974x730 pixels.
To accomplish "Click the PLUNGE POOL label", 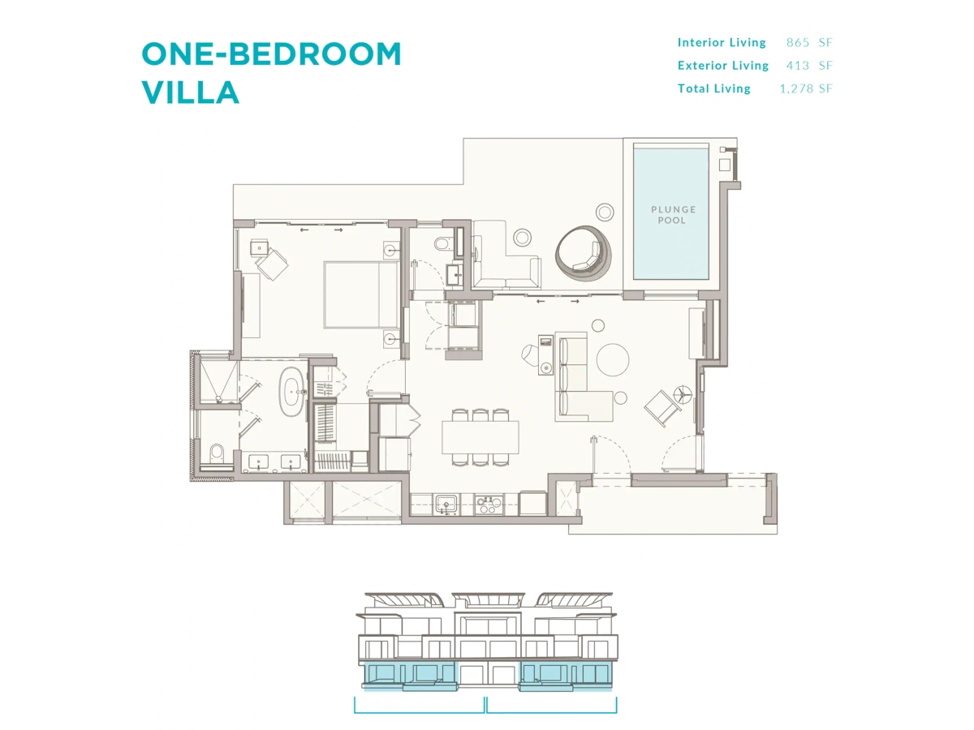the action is [x=673, y=214].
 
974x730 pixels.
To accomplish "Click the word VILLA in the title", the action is [x=191, y=92].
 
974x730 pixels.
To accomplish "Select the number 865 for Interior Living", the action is [x=797, y=42].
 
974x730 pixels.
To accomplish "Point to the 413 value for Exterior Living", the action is [x=797, y=66].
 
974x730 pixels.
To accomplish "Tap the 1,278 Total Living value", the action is [x=796, y=88].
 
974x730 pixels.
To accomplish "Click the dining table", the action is [x=481, y=437].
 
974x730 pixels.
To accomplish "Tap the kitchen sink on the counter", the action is [x=446, y=505].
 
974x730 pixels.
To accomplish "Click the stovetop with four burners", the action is [x=488, y=505].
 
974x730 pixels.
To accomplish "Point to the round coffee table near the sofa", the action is [x=612, y=360].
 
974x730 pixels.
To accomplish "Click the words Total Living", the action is [x=714, y=88].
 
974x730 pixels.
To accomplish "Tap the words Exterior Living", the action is [x=723, y=66].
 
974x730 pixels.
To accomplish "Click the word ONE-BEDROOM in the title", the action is [x=271, y=54].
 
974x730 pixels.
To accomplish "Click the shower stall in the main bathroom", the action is [x=218, y=381].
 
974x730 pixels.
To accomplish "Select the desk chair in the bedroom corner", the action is [x=271, y=264].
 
